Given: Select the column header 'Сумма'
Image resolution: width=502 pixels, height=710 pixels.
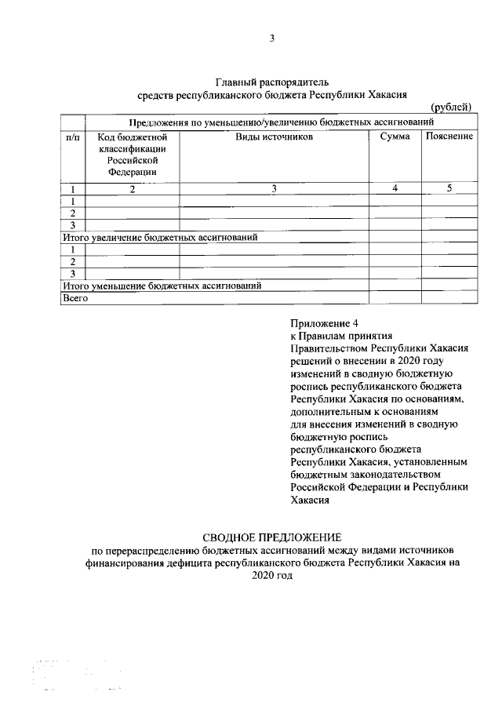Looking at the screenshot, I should click(x=395, y=137).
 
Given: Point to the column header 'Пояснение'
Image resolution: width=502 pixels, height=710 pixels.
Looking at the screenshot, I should click(x=449, y=137).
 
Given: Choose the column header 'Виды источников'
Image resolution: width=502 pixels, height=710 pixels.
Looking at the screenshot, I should click(x=275, y=137).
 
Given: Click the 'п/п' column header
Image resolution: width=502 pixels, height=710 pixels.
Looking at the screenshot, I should click(x=72, y=137).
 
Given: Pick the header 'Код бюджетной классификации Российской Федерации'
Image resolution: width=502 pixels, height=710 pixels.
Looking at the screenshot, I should click(x=133, y=154).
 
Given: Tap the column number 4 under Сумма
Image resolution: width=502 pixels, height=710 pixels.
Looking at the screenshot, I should click(x=395, y=188).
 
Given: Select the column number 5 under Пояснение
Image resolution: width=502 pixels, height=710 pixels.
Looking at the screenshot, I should click(x=449, y=188).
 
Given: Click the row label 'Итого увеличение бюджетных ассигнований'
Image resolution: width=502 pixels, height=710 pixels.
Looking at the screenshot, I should click(x=160, y=236).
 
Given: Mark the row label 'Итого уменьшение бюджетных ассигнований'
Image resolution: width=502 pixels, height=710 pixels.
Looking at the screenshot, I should click(x=161, y=286).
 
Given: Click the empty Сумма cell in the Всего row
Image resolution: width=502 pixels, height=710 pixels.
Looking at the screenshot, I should click(x=395, y=298).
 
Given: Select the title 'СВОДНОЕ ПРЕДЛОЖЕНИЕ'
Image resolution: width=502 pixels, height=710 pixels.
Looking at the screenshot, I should click(x=272, y=537).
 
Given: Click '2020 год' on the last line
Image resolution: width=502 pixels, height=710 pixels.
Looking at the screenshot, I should click(x=272, y=575).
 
